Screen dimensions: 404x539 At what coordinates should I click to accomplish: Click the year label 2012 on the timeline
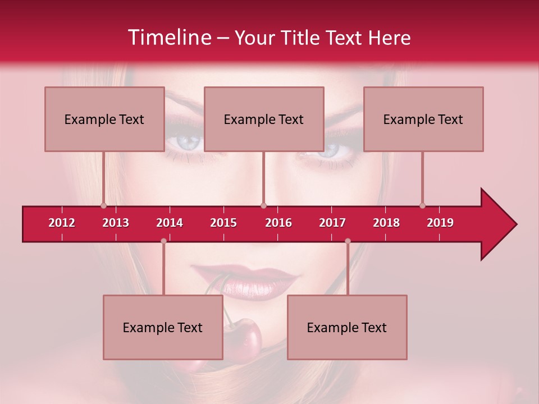point(62,223)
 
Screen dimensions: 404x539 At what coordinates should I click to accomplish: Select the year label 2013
point(116,223)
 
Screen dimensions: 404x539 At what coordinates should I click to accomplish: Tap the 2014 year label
point(170,223)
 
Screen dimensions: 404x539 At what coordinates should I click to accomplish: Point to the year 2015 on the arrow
point(223,223)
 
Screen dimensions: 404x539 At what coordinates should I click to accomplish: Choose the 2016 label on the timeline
point(278,223)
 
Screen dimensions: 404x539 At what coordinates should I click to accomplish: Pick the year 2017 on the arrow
point(332,223)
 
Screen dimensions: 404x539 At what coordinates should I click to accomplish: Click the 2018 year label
point(386,223)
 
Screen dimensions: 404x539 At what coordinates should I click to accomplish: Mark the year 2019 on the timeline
point(440,223)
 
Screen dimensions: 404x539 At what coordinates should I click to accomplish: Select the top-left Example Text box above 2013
point(104,119)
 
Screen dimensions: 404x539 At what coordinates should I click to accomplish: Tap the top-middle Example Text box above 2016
point(264,119)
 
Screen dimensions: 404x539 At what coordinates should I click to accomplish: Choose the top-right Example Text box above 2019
point(423,119)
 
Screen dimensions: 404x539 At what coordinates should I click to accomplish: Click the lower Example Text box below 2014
point(163,327)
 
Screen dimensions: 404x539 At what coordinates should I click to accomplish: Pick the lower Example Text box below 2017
point(347,327)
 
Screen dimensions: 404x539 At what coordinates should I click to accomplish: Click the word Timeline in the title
point(168,38)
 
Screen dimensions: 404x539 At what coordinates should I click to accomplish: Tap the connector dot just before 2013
point(103,205)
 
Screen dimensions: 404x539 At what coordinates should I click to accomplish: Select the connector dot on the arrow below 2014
point(163,241)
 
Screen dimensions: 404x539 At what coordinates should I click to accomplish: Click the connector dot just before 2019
point(422,205)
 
